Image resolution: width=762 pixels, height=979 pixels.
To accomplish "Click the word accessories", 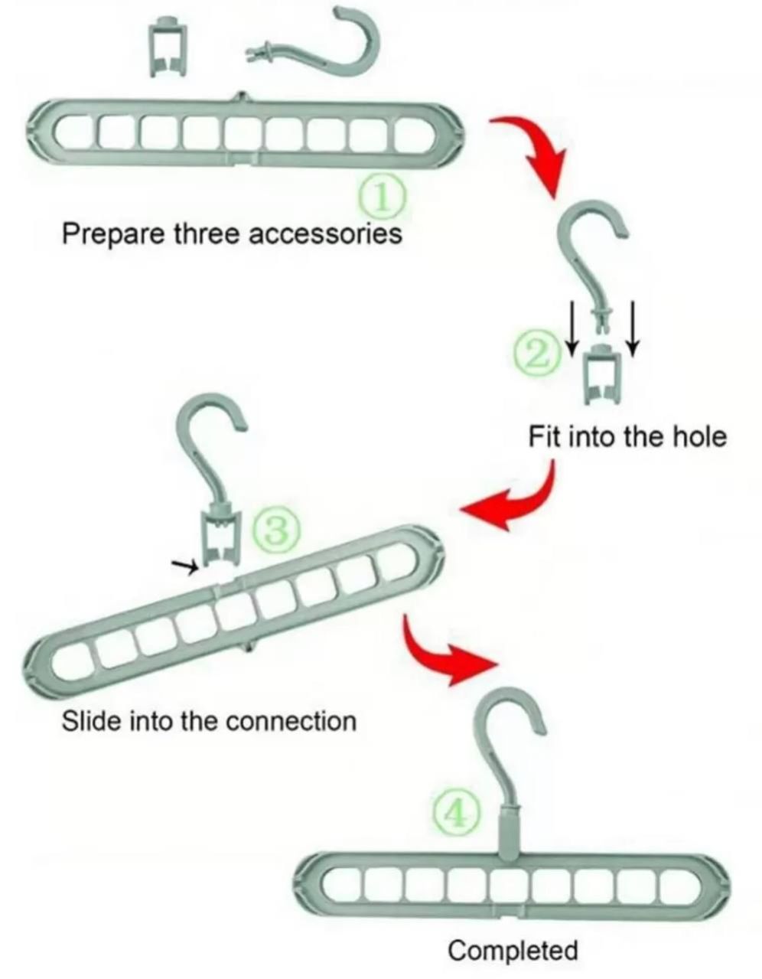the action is pos(325,235).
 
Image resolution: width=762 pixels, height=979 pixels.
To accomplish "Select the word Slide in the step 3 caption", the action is pos(91,720).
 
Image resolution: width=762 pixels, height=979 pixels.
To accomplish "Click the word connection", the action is pos(291,721).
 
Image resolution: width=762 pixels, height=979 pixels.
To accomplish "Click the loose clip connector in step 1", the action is pos(168,47).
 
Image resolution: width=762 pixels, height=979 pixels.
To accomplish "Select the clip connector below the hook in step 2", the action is pos(603,374).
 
